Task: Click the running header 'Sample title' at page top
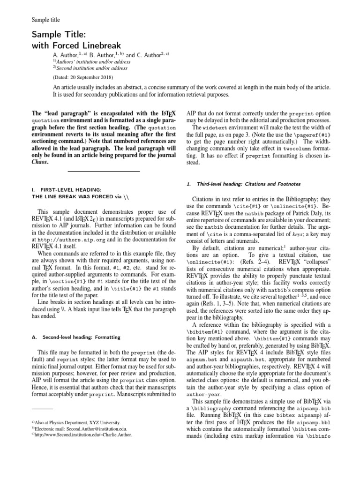pyautogui.click(x=45, y=20)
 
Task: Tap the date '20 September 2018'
pyautogui.click(x=91, y=77)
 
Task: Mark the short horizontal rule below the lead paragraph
pyautogui.click(x=104, y=172)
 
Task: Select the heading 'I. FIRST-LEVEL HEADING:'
pyautogui.click(x=65, y=189)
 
